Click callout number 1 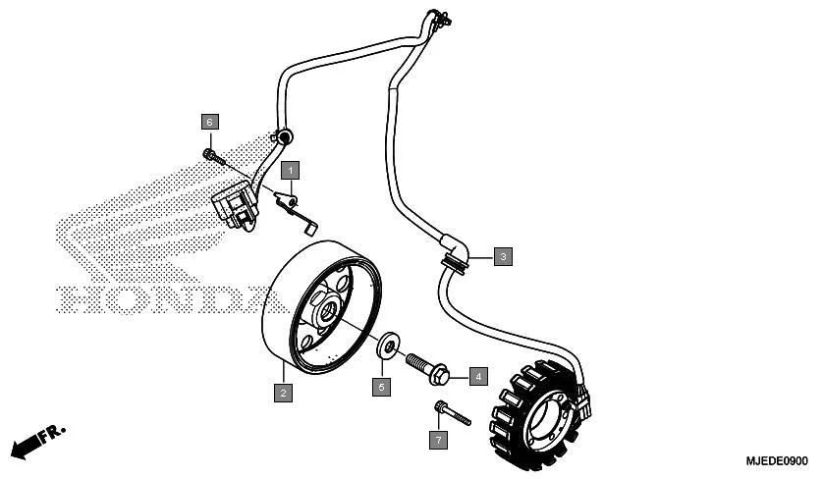(292, 170)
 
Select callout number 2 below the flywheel (283, 393)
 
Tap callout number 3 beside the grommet (502, 257)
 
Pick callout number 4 (477, 375)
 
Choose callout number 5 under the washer (381, 387)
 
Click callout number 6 (209, 122)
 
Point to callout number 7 (438, 440)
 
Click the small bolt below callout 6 (212, 155)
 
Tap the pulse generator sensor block (234, 204)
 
